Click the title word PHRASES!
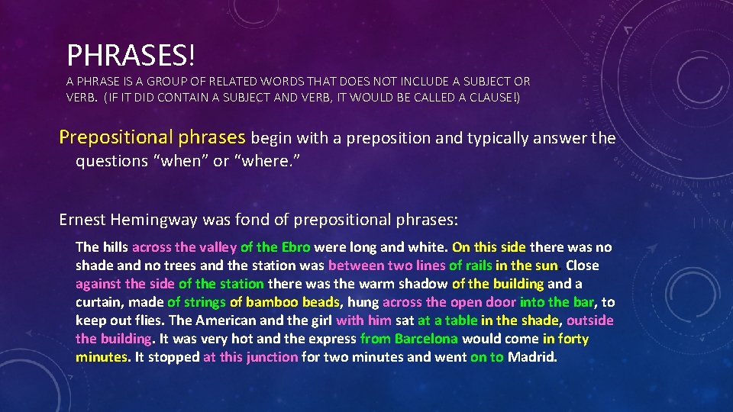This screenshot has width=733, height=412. coord(131,55)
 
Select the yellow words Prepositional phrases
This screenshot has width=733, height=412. coord(153,137)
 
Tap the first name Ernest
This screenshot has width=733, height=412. coord(82,220)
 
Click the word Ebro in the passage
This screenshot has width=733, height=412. coord(295,247)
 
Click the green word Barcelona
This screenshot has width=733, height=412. coord(425,339)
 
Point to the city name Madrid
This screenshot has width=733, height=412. coord(532,357)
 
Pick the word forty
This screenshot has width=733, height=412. coord(573,339)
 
